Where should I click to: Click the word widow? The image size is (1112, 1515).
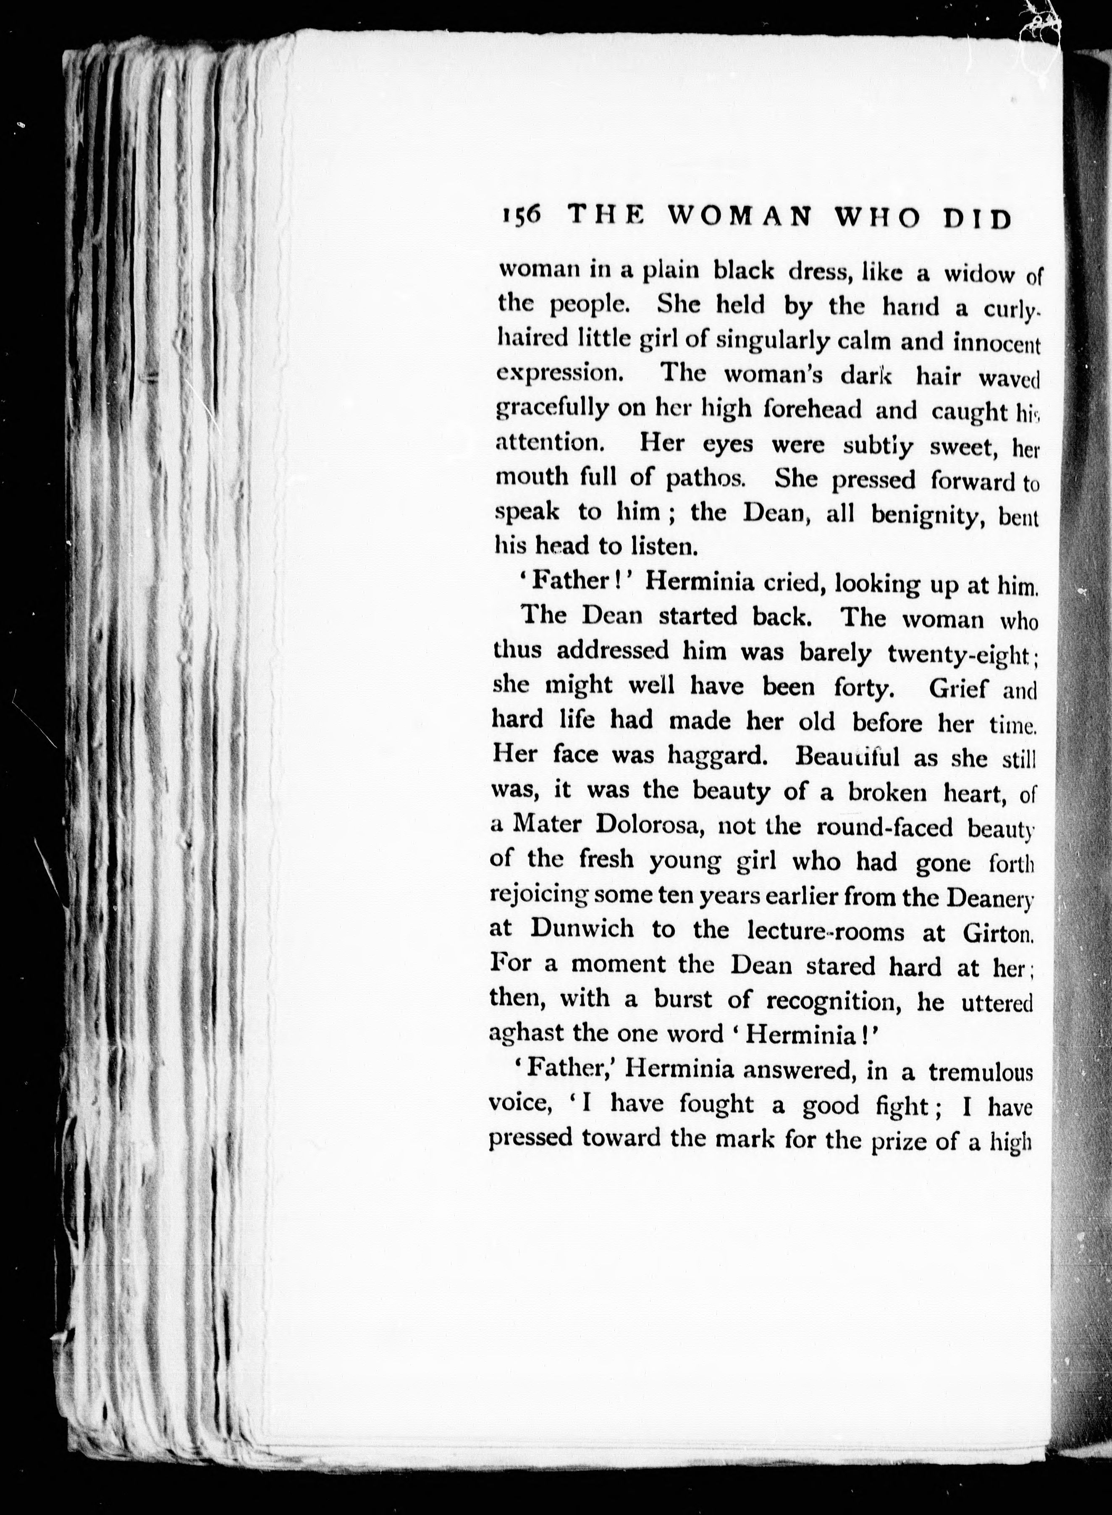pyautogui.click(x=979, y=273)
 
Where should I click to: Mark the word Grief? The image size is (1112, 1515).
pyautogui.click(x=959, y=688)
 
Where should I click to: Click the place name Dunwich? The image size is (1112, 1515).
pyautogui.click(x=582, y=930)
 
